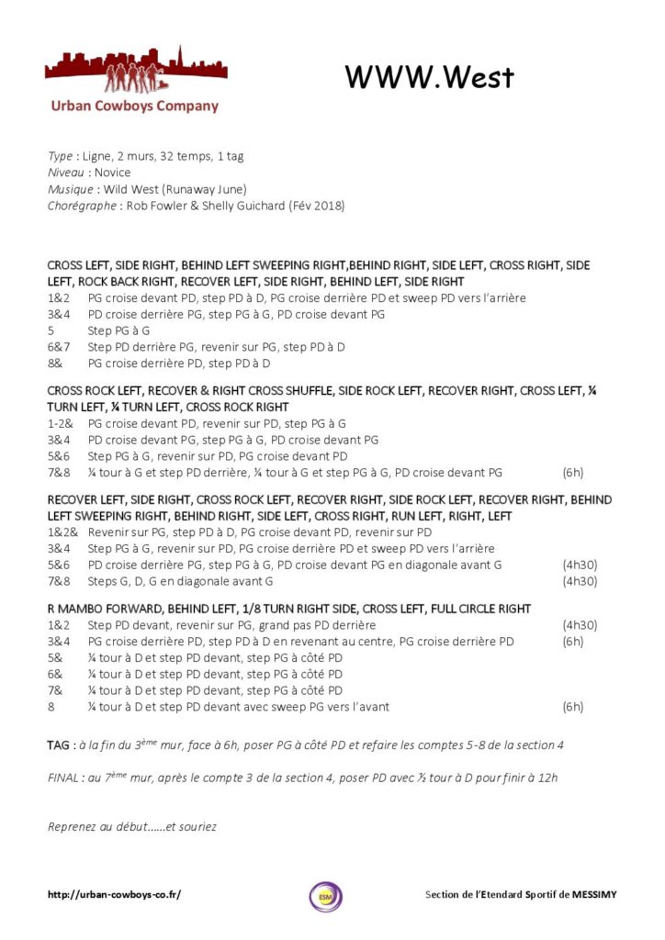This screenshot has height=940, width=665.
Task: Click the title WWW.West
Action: pyautogui.click(x=429, y=78)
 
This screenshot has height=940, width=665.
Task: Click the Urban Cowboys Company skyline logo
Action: pyautogui.click(x=136, y=73)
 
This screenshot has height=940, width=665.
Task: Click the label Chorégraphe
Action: pyautogui.click(x=81, y=206)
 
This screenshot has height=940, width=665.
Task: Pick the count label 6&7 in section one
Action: pyautogui.click(x=58, y=347)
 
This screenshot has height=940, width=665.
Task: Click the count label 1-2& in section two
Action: pyautogui.click(x=60, y=424)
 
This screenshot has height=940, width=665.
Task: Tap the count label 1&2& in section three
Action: pyautogui.click(x=62, y=532)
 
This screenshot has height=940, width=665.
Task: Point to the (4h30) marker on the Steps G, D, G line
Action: pyautogui.click(x=579, y=581)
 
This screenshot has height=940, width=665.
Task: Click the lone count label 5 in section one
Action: pyautogui.click(x=51, y=330)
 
